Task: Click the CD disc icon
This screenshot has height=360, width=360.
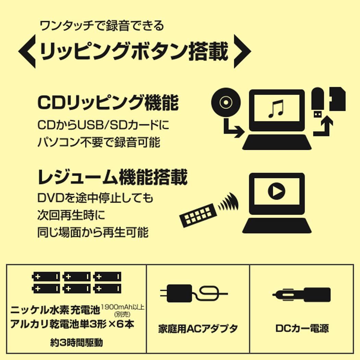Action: click(226, 103)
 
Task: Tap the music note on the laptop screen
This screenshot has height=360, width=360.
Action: click(276, 109)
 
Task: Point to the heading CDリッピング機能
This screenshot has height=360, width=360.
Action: click(108, 103)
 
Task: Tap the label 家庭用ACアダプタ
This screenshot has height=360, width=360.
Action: click(198, 329)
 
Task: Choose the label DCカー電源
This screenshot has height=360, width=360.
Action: click(302, 328)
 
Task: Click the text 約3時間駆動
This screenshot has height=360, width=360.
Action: click(75, 342)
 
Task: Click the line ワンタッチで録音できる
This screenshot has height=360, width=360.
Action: click(102, 26)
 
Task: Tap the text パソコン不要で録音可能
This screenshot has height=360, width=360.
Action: click(99, 142)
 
